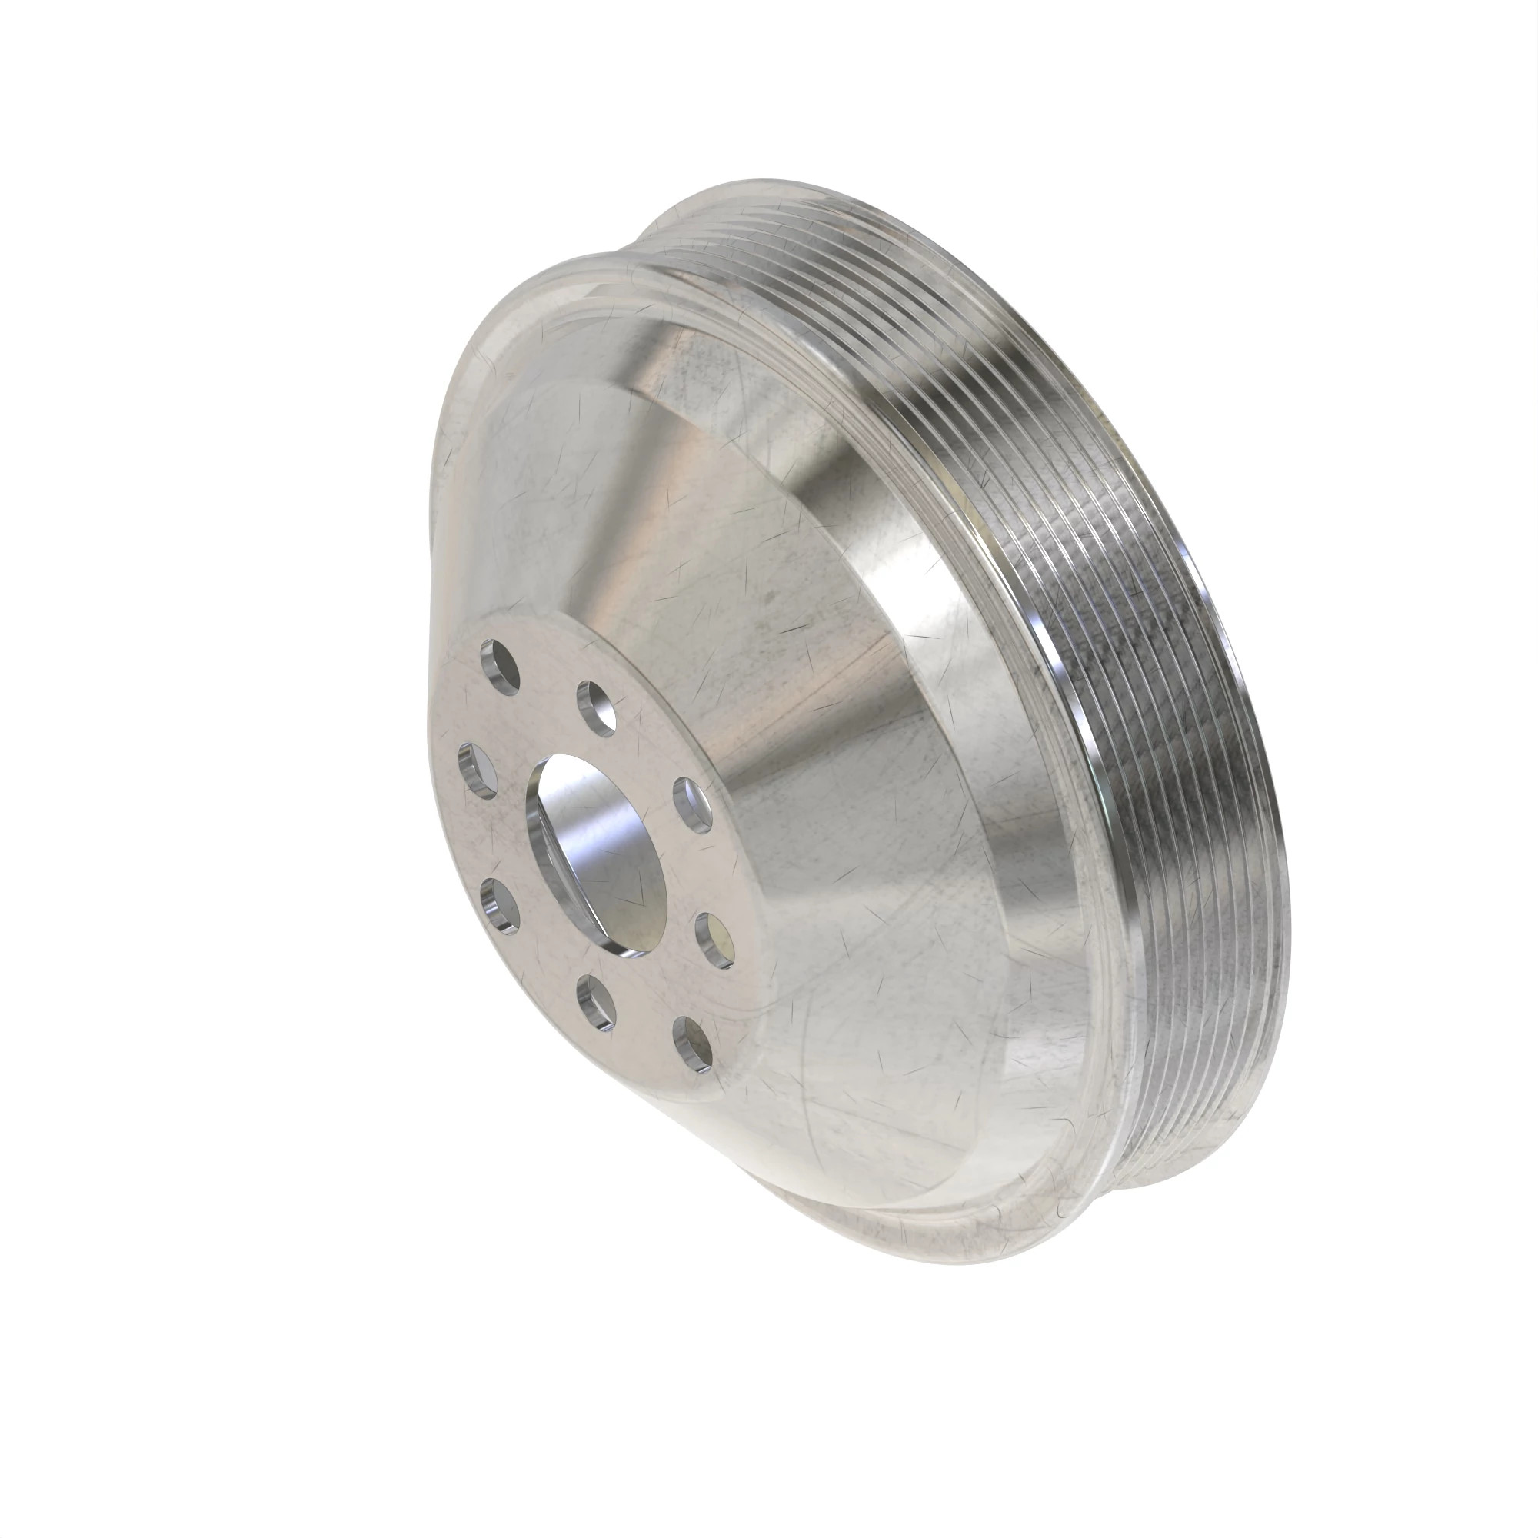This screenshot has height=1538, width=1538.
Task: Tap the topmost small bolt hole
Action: (500, 666)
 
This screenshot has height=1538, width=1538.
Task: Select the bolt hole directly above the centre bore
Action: (598, 705)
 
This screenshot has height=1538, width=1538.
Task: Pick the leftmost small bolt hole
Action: (478, 769)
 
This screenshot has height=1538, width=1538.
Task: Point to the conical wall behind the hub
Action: (796, 637)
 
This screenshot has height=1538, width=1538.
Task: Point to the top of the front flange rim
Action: (605, 271)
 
